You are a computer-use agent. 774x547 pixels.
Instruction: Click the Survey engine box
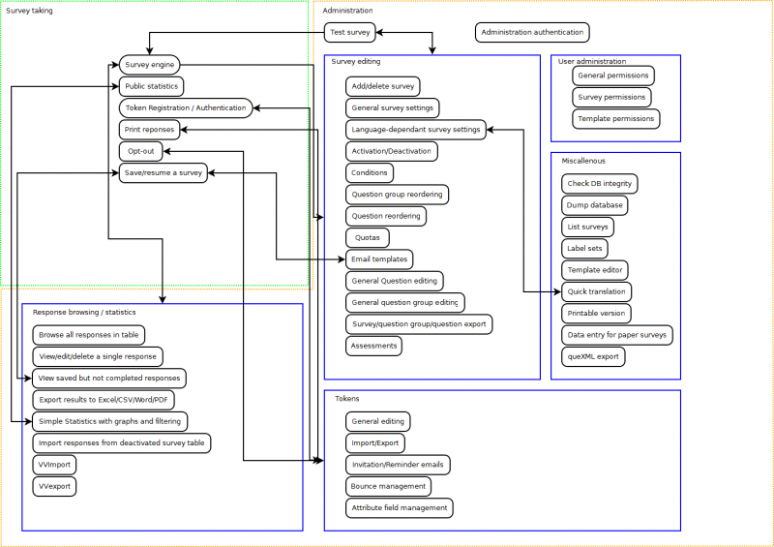pos(149,65)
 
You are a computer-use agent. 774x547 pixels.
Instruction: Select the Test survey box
pos(349,33)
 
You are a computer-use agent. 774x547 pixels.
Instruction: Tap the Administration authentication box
pos(532,33)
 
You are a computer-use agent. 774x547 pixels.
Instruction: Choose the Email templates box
pos(379,259)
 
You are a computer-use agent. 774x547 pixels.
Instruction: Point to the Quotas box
pos(368,237)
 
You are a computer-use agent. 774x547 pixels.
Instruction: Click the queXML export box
pos(593,357)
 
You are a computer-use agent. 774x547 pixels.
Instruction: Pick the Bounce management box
pos(388,486)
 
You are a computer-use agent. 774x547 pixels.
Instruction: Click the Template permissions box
pos(615,119)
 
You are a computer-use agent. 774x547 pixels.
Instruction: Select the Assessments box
pos(373,346)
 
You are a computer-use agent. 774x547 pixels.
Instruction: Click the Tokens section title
pos(346,399)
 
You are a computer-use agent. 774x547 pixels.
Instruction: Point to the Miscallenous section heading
pos(583,161)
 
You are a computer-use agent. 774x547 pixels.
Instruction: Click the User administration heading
pos(591,62)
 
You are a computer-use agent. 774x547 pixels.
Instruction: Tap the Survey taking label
pos(30,11)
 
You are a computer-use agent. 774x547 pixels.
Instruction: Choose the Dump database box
pos(595,205)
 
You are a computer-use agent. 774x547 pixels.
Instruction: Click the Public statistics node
pos(150,86)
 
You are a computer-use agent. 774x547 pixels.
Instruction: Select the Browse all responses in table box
pos(88,335)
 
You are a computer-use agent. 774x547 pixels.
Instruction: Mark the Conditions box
pos(370,172)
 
